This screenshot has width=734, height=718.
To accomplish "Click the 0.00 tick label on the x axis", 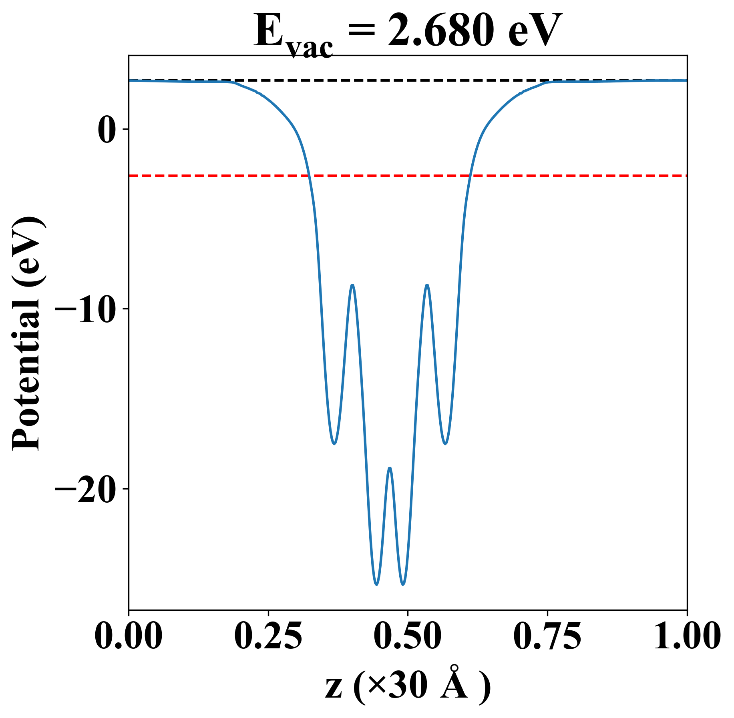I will point(129,636).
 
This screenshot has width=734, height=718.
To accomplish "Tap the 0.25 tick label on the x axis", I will point(268,636).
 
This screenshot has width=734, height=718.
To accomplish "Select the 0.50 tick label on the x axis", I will point(408,636).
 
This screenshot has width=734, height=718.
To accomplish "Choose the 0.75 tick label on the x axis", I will point(547,636).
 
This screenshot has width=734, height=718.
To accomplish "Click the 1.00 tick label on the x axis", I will point(686,636).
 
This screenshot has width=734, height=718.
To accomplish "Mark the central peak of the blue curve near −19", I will point(390,468).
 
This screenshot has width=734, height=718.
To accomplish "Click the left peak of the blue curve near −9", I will point(352,285).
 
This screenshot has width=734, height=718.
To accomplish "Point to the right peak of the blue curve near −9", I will point(427,285).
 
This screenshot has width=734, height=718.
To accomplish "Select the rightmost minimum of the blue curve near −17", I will point(445,443).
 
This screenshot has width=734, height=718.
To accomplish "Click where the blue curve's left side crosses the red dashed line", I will point(309,176).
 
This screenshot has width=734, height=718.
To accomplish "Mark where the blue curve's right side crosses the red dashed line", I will point(471,176).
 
